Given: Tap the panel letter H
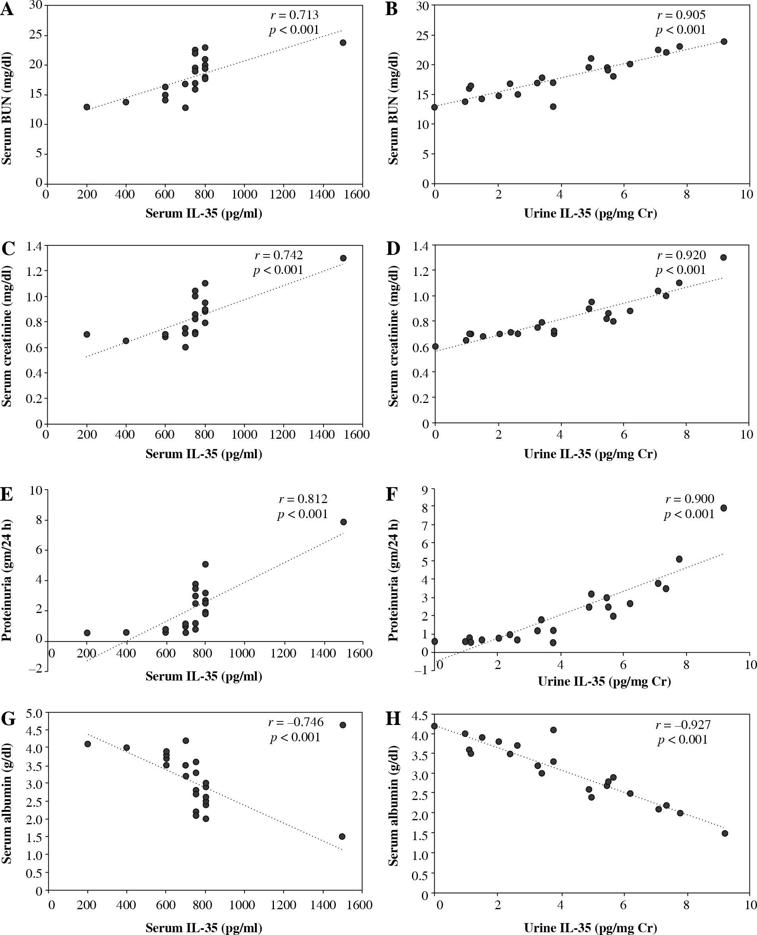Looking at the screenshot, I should pos(393,718).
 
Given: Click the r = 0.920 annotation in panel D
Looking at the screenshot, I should pos(681,255).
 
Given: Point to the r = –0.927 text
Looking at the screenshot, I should pos(683,725).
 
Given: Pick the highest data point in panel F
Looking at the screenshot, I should pos(723,508).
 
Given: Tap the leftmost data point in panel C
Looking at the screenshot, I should pos(87,334).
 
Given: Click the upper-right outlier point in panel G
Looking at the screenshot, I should pos(343,725).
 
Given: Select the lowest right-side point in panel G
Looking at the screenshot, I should pos(342,837).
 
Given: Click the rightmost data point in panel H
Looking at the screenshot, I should pos(725,833).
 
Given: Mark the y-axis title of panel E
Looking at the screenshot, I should pos(7,580).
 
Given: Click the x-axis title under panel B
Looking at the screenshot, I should pos(590,213).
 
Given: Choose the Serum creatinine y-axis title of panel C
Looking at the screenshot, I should pos(7,336).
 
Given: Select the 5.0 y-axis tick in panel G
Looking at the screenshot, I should pos(34,713).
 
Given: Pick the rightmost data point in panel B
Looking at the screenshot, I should pos(724,42).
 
